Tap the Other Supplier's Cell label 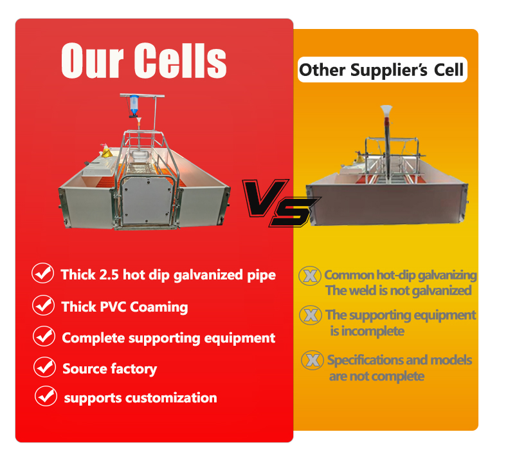tap(381, 70)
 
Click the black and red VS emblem tap(280, 202)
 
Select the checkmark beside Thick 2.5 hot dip tap(43, 274)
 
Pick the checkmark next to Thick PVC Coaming tap(43, 305)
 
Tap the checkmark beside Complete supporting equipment tap(44, 336)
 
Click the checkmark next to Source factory tap(44, 368)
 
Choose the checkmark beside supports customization tap(46, 396)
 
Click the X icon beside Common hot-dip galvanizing tap(311, 276)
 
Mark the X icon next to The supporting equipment tap(311, 315)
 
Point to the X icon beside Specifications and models tap(313, 361)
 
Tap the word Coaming tap(159, 306)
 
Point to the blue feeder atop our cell tap(133, 104)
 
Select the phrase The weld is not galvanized tap(398, 290)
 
